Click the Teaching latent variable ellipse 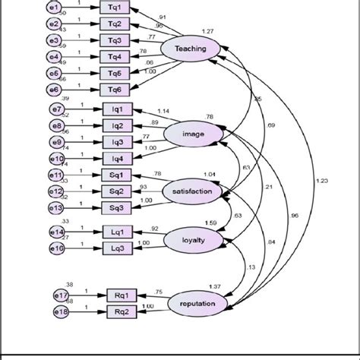click(x=191, y=48)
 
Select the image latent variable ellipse click(x=193, y=134)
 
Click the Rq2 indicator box click(x=122, y=312)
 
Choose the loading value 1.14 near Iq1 click(x=163, y=111)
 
